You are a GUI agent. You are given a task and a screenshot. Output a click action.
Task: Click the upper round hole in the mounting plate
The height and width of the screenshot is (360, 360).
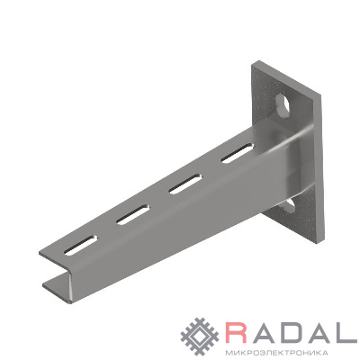pyautogui.click(x=283, y=105)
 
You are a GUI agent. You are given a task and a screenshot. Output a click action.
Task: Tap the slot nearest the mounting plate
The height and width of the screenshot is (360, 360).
pyautogui.click(x=238, y=153)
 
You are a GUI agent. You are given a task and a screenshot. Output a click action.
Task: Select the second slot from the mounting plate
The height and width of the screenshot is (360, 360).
pyautogui.click(x=185, y=184)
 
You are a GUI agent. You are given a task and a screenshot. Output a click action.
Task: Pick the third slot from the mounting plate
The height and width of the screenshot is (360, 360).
pyautogui.click(x=133, y=215)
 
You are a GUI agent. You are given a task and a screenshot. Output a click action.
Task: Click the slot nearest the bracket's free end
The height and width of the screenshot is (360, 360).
pyautogui.click(x=81, y=246)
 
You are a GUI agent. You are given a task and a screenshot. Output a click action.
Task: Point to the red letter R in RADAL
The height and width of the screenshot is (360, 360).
pyautogui.click(x=238, y=333)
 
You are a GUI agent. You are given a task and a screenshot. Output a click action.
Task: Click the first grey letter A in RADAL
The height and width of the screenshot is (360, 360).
pyautogui.click(x=265, y=333)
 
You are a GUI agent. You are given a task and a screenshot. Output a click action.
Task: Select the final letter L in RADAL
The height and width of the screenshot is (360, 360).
pyautogui.click(x=346, y=333)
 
